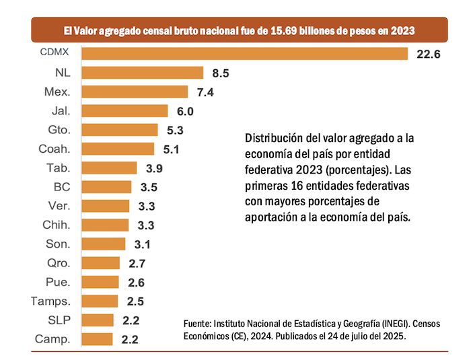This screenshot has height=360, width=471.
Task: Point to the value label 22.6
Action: coord(428,54)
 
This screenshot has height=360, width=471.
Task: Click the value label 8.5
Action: coord(220,73)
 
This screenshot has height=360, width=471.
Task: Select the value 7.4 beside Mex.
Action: coord(205,92)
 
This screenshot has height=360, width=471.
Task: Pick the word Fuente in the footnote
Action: coord(199,324)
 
